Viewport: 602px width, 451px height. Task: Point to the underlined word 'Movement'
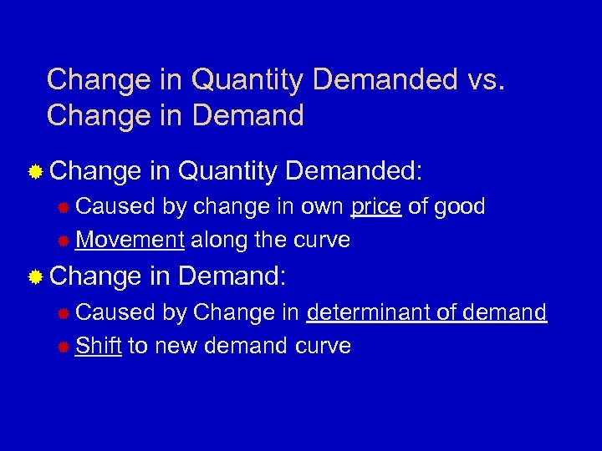pos(130,241)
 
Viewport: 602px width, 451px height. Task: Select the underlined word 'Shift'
pos(98,345)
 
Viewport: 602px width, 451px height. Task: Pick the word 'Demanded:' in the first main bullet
pos(355,173)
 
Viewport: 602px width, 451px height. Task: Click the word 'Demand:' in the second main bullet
pos(232,276)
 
